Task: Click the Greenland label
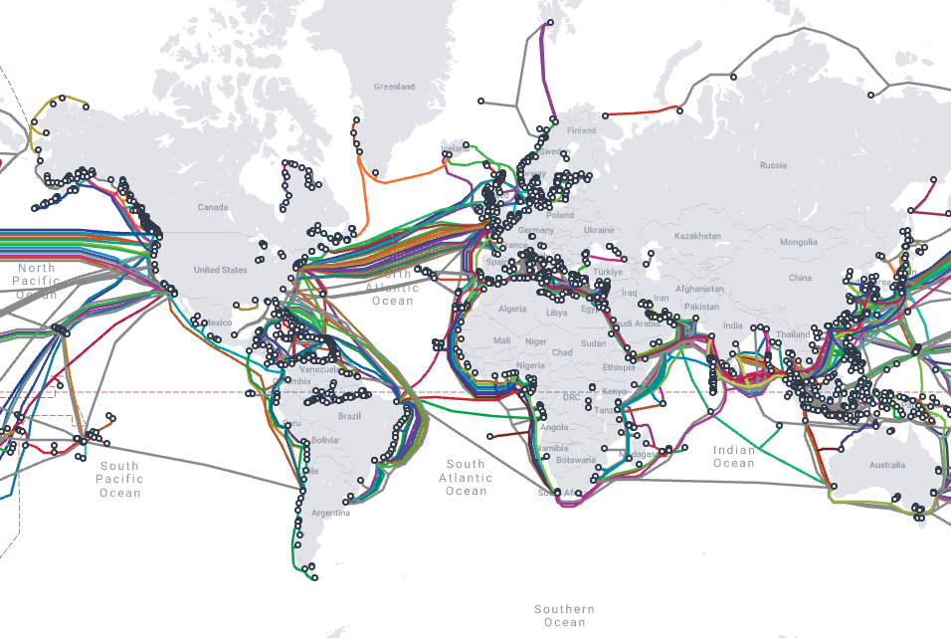click(394, 88)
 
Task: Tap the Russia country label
click(773, 165)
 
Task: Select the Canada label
click(213, 208)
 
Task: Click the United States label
click(220, 270)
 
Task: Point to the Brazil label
click(348, 416)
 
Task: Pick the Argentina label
click(329, 514)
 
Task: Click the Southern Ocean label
click(564, 616)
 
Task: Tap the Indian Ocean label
click(734, 457)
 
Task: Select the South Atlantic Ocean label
click(466, 478)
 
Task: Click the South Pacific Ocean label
click(119, 480)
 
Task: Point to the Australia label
click(886, 465)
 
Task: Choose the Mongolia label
click(798, 243)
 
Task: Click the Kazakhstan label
click(696, 236)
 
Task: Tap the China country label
click(800, 278)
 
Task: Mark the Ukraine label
click(599, 230)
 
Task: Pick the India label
click(732, 326)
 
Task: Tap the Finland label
click(581, 130)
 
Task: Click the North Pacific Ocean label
click(37, 282)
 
